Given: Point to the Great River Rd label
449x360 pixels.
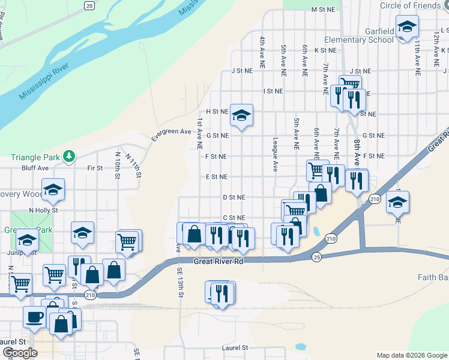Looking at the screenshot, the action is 218,262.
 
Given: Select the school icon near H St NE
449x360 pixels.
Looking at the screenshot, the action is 241,114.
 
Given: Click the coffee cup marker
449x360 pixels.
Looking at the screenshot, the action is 34,316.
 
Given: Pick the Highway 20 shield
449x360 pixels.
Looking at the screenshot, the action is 89,5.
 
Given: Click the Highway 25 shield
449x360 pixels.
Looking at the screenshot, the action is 316,257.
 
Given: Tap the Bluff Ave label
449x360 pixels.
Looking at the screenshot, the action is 35,169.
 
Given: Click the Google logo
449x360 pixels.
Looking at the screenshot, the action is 20,353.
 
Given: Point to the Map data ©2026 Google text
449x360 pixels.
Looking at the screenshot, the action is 411,355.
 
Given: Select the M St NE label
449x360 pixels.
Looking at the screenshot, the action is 322,10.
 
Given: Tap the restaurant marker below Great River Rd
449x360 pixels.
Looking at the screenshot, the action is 221,293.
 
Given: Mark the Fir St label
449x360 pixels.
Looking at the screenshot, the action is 95,169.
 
